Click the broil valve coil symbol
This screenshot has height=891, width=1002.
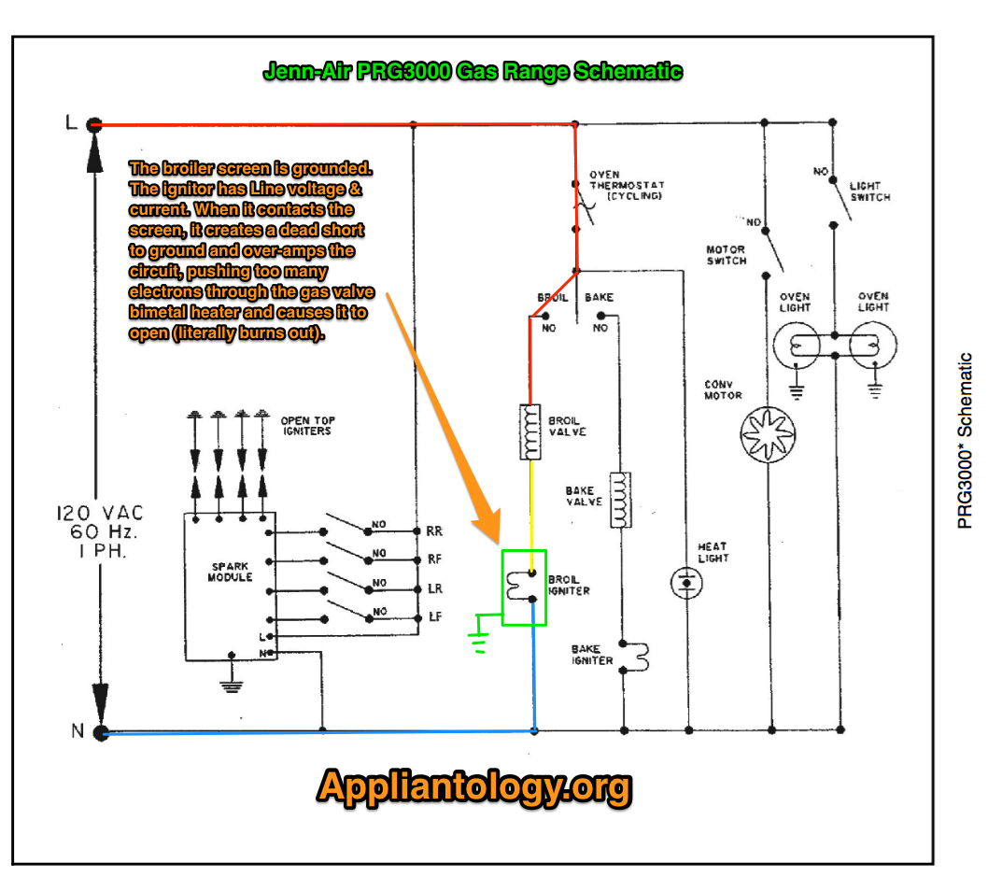pos(529,432)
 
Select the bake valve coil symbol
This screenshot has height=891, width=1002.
pos(620,500)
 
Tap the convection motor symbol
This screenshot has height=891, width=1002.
pos(768,434)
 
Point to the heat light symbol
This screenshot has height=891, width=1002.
pos(686,583)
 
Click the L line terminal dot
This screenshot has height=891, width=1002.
pos(94,124)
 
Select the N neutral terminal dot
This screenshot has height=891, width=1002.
pos(100,732)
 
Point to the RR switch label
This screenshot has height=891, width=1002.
pos(434,531)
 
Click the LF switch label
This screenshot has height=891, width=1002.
pos(435,616)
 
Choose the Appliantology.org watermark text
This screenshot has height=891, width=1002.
pos(474,786)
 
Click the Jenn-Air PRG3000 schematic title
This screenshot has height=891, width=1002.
pos(473,71)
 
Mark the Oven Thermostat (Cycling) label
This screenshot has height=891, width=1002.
pos(627,185)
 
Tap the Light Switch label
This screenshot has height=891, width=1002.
pos(869,191)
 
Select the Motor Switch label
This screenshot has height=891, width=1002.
pos(727,255)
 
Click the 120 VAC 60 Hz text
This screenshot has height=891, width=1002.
pos(100,531)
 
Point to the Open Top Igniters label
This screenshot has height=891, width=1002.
pos(307,426)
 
